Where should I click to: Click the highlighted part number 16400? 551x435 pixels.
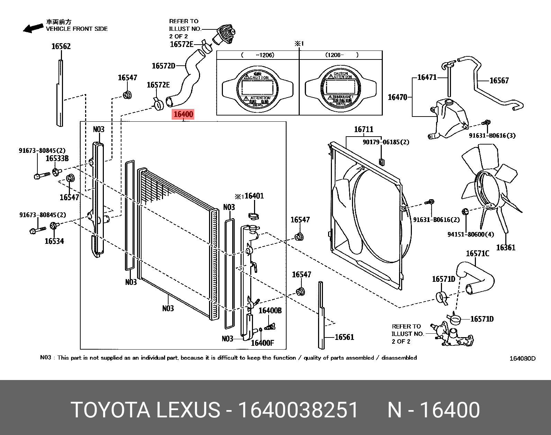183,114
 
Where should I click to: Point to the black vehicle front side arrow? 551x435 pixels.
33,28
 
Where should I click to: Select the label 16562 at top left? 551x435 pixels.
61,46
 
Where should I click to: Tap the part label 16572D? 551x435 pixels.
163,66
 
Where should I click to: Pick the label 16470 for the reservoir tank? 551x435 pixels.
397,97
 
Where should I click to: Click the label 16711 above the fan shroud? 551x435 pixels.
363,129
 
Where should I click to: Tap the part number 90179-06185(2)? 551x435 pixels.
386,142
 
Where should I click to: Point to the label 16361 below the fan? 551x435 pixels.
505,248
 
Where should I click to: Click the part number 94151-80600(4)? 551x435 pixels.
470,234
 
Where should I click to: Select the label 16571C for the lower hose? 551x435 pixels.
477,254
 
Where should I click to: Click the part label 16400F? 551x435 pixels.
262,343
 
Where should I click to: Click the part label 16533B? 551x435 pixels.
57,158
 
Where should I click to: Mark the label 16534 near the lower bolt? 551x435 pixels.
54,241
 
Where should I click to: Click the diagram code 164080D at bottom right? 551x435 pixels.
522,359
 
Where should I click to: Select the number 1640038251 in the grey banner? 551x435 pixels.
298,410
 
